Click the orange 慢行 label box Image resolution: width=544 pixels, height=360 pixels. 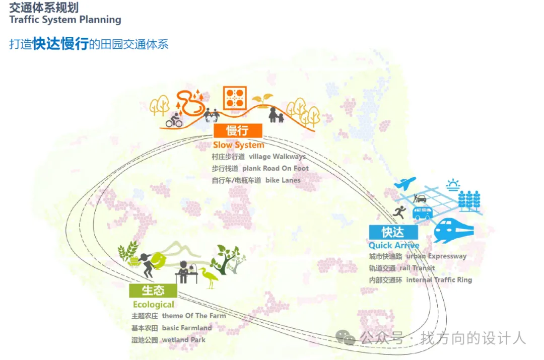(x=237, y=131)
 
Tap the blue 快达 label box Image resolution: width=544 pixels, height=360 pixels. (x=393, y=232)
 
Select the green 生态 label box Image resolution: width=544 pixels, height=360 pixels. (x=153, y=291)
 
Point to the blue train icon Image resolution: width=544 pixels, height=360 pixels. (x=454, y=231)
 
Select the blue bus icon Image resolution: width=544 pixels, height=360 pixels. (x=422, y=212)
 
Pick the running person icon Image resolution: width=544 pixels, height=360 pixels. (x=400, y=212)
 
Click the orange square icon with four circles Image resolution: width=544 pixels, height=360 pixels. (x=235, y=98)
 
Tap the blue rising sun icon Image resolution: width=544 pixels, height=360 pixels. (x=453, y=184)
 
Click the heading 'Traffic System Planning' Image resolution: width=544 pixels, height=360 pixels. (x=65, y=20)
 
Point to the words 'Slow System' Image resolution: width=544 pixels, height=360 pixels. (x=238, y=145)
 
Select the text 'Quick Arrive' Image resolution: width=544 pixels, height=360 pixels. (x=394, y=245)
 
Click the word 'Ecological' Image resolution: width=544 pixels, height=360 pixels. (x=153, y=305)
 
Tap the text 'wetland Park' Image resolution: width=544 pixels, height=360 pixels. (x=183, y=340)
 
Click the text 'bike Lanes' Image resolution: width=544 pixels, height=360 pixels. (x=283, y=180)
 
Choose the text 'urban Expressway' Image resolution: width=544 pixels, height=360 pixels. (x=436, y=256)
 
